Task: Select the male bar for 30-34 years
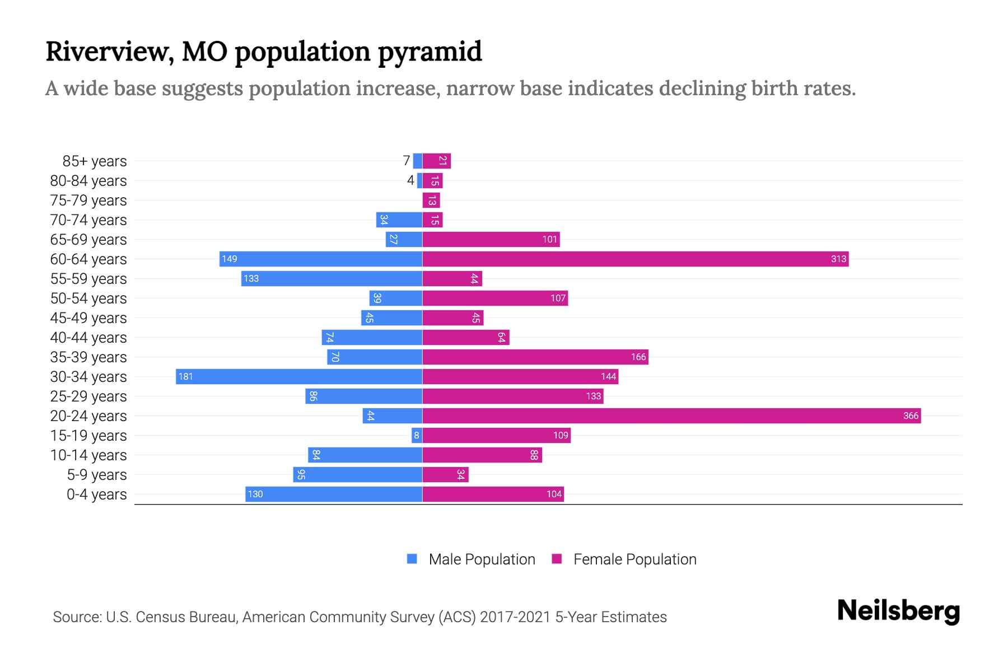pos(299,376)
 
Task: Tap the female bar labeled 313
pos(635,259)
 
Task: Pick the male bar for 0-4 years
pos(334,494)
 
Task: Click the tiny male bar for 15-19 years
pos(417,435)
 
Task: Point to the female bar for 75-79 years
pos(431,200)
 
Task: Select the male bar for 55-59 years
pos(332,278)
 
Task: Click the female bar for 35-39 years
pos(535,357)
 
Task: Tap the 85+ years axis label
pos(94,161)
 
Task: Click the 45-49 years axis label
pos(88,318)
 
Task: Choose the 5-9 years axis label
pos(96,475)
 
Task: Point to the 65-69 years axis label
pos(88,240)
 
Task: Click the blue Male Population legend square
pos(412,559)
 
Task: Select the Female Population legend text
pos(634,559)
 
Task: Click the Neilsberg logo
pos(898,611)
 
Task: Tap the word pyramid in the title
pos(429,52)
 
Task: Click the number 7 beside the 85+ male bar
pos(406,161)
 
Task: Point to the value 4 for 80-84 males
pos(410,180)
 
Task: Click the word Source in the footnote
pos(76,617)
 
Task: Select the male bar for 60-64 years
pos(320,259)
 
